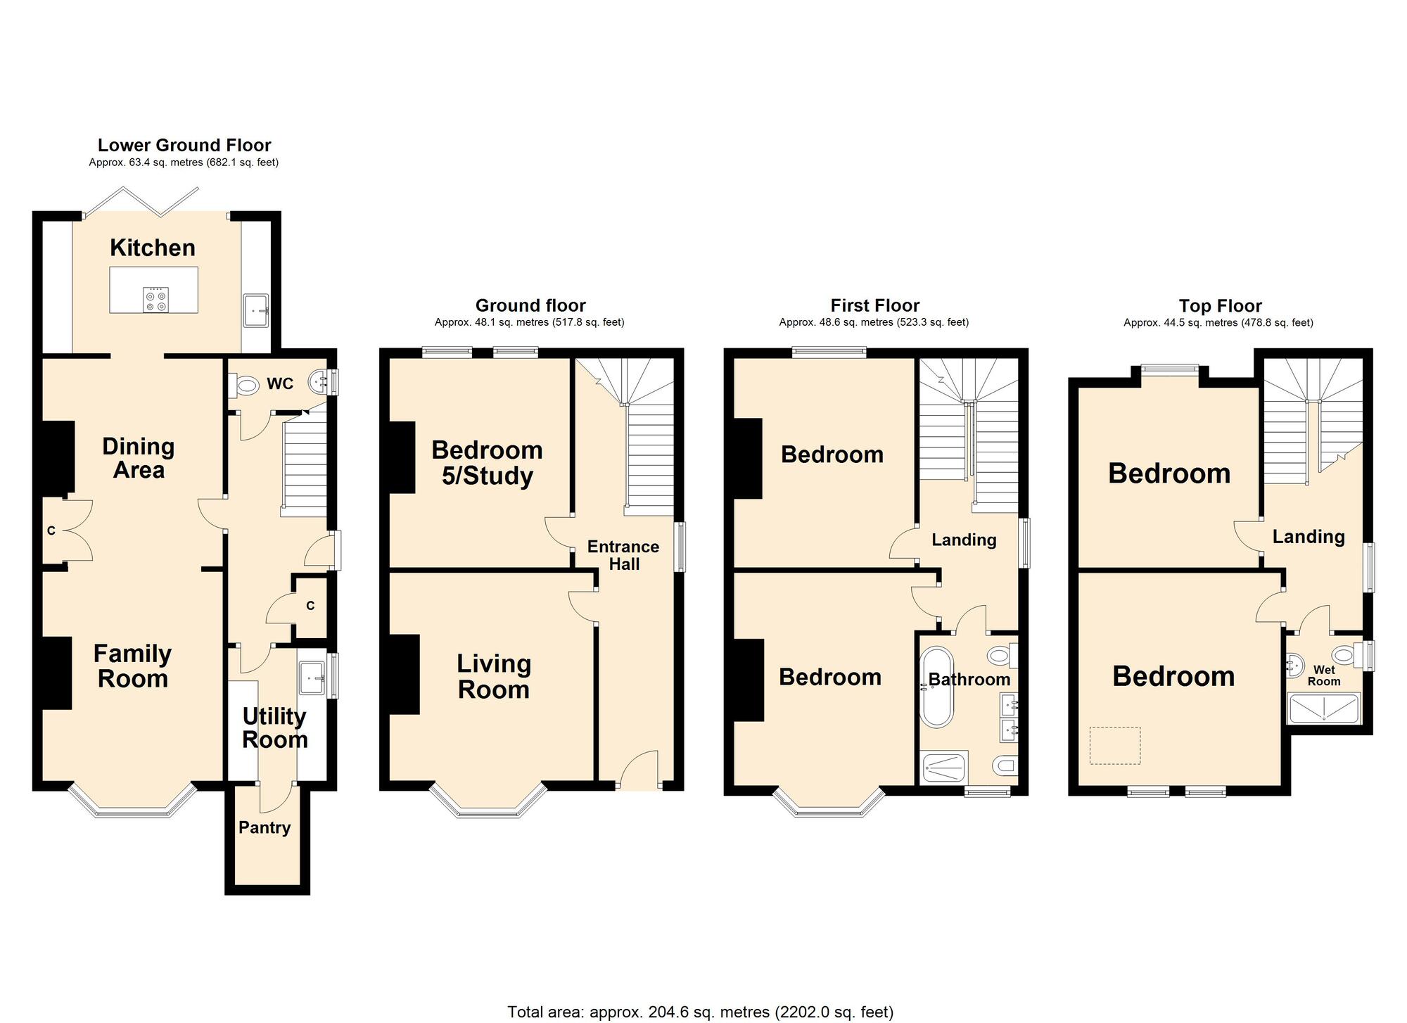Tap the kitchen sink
point(255,310)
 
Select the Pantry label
point(265,827)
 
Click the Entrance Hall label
point(623,555)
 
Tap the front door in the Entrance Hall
point(639,771)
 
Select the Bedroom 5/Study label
point(487,463)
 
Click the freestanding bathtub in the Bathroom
point(936,687)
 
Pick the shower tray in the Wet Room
point(1323,709)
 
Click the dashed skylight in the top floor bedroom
point(1115,745)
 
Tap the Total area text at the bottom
point(700,1012)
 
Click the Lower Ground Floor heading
point(184,146)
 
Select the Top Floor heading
point(1220,306)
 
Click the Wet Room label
point(1323,675)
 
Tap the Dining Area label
point(139,458)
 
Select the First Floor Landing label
point(964,540)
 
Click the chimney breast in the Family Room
point(57,673)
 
